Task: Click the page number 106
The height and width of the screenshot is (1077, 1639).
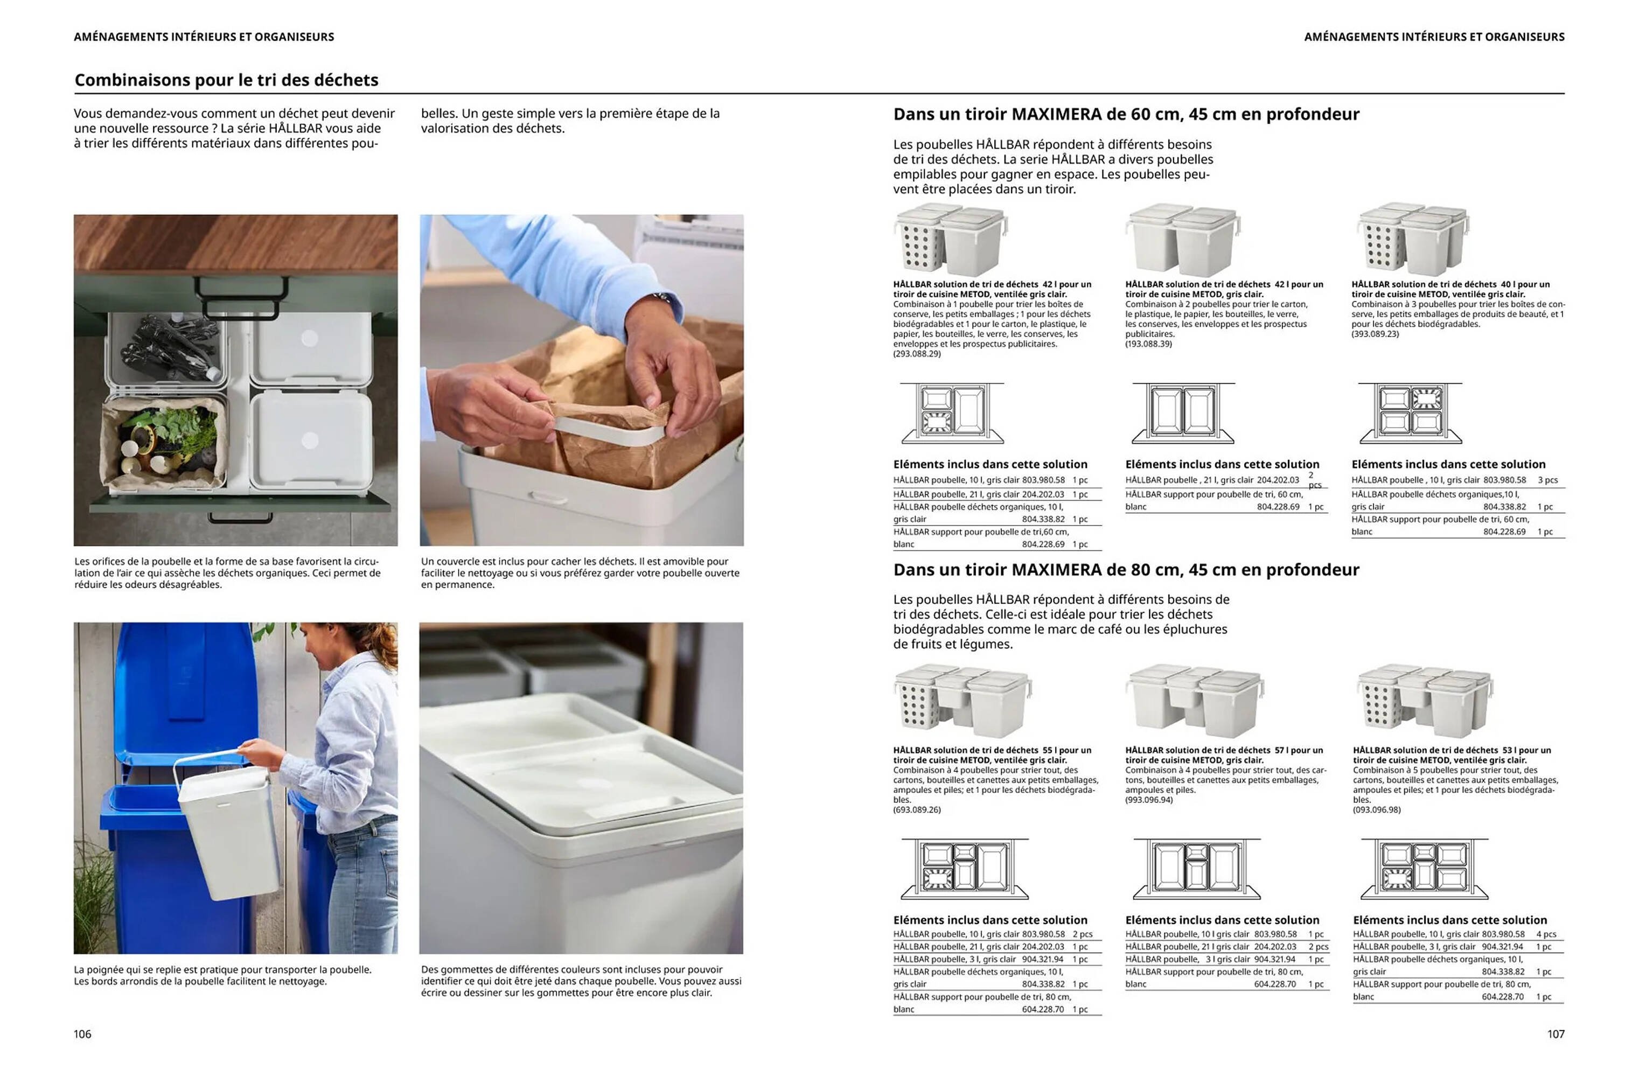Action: [82, 1033]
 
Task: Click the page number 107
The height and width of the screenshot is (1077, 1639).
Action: [1556, 1033]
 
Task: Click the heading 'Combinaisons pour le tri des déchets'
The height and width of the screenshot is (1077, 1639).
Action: [227, 80]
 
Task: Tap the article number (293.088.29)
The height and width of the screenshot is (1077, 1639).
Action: [917, 353]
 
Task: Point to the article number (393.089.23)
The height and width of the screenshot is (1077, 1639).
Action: [1375, 334]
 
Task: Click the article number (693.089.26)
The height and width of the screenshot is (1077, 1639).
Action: [917, 810]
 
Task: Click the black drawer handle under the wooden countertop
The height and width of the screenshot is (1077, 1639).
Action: [240, 289]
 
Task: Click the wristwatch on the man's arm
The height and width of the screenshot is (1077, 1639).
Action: [662, 298]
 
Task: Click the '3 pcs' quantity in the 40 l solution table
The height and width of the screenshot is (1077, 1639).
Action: [1547, 480]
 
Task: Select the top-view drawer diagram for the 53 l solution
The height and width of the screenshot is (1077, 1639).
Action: [1424, 869]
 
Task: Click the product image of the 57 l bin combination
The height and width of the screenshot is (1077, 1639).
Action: [1195, 701]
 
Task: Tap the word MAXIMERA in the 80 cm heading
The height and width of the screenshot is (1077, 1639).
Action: [1057, 570]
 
